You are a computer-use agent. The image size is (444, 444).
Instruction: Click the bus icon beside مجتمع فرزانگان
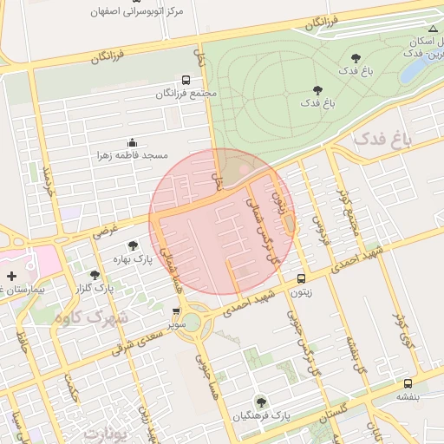pos(186,79)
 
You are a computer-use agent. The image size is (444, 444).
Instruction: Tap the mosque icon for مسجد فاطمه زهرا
pos(132,142)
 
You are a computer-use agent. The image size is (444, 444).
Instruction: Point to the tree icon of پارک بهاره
pos(133,245)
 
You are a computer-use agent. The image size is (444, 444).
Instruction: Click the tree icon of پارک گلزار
pos(95,275)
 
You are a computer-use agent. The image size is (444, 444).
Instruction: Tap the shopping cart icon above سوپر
pos(177,310)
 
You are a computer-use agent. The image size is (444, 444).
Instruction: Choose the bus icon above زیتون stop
pos(301,278)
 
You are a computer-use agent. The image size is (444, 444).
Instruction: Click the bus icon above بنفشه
pos(408,382)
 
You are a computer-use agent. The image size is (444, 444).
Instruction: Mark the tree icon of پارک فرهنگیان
pos(260,402)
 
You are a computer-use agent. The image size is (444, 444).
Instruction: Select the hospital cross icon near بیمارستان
pos(11,299)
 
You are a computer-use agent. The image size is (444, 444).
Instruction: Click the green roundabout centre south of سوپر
pos(192,323)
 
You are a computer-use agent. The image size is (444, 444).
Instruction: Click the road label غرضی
pos(105,231)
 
